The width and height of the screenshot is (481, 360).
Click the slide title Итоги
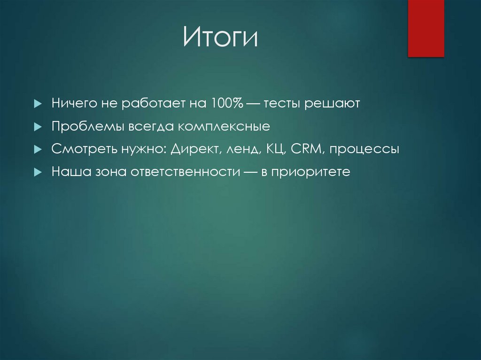click(220, 38)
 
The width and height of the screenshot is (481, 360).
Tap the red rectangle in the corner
click(426, 28)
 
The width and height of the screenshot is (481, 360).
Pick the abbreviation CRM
click(307, 149)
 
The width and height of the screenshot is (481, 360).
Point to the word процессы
click(364, 150)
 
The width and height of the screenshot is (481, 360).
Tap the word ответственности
click(188, 172)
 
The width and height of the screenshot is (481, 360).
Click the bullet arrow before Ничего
click(38, 104)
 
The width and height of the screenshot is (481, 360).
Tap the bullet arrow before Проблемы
click(38, 127)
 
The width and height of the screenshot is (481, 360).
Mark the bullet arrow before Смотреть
click(38, 150)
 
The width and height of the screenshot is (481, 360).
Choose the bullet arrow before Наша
click(38, 172)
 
